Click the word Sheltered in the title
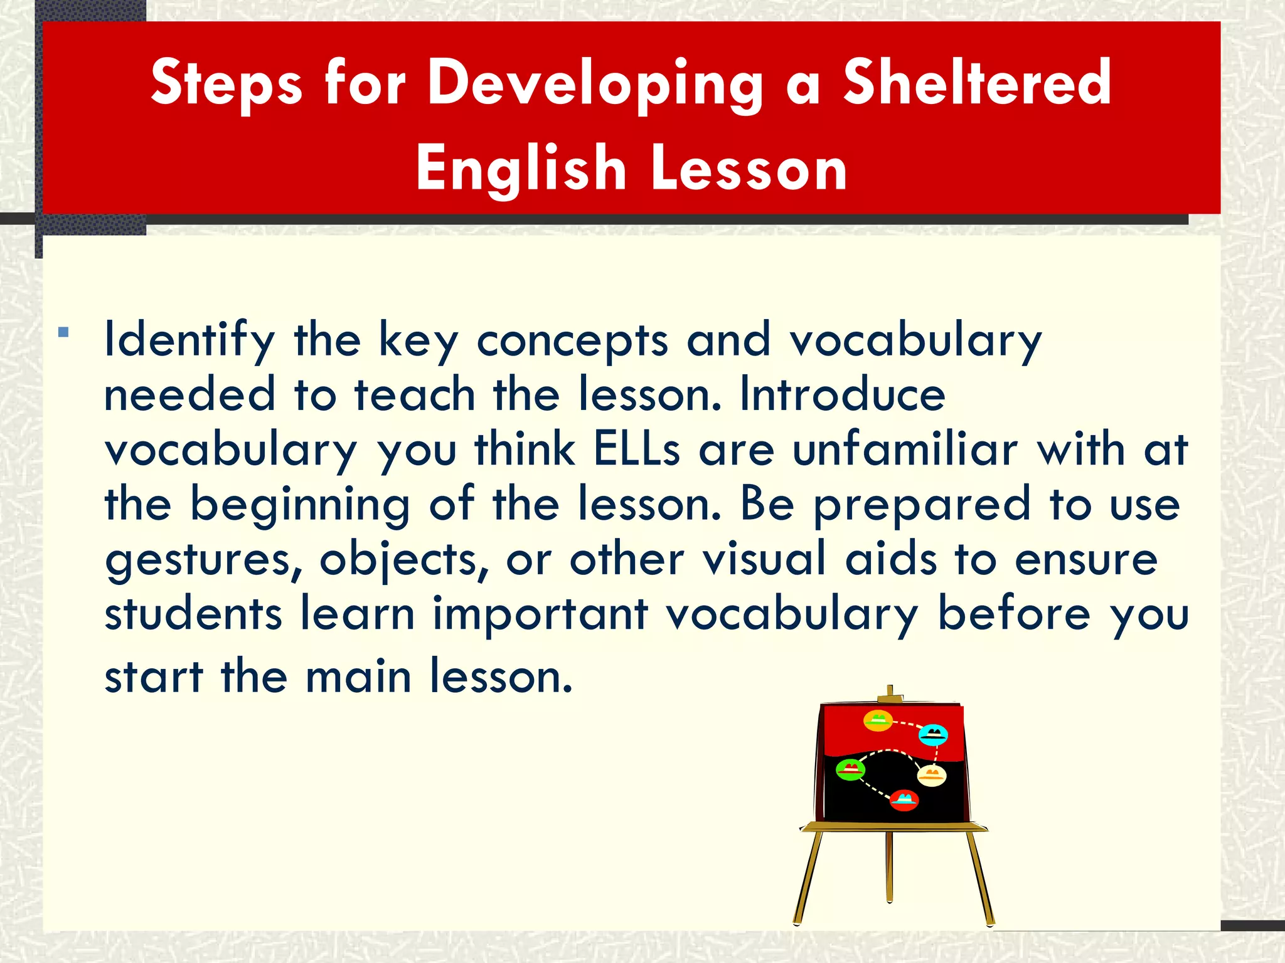pos(976,83)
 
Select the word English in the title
pos(521,168)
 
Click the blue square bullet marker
pos(63,332)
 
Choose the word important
pos(540,614)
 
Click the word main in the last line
pos(358,678)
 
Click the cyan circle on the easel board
pos(933,734)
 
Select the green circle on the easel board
pos(851,769)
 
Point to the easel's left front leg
pos(808,878)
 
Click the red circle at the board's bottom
pos(904,800)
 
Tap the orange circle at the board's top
pos(878,720)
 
